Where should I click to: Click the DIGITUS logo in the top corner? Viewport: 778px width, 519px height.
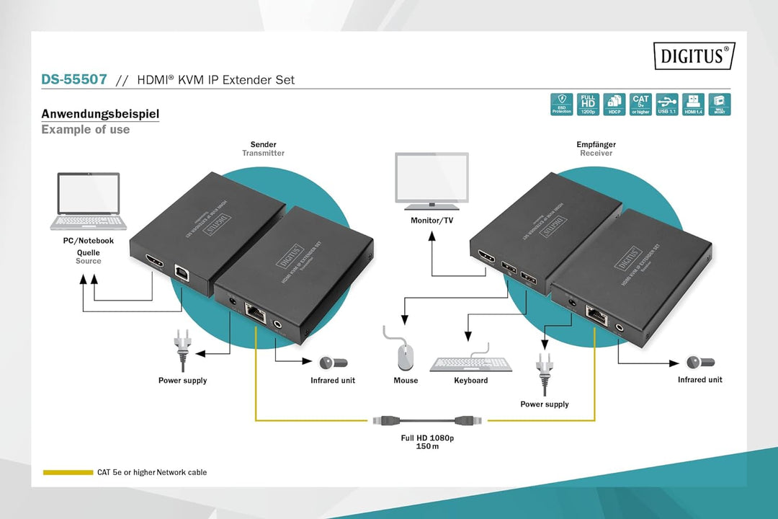[x=694, y=56]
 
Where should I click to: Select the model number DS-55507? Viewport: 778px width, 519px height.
[x=74, y=79]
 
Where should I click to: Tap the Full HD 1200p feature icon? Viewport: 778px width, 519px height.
[x=589, y=104]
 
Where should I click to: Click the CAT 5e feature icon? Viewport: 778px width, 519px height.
[x=640, y=104]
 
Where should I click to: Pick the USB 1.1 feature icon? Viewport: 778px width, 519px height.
[x=667, y=104]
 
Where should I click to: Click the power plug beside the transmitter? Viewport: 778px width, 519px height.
[x=182, y=348]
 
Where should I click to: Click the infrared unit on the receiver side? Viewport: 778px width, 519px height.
[x=699, y=363]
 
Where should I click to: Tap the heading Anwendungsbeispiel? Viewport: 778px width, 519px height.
[x=100, y=114]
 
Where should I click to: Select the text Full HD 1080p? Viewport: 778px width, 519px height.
[x=427, y=438]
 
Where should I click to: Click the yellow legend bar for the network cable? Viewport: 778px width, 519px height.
[x=68, y=472]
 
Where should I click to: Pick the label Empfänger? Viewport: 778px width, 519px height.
[x=596, y=144]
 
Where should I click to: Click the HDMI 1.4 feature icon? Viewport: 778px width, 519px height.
[x=693, y=104]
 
